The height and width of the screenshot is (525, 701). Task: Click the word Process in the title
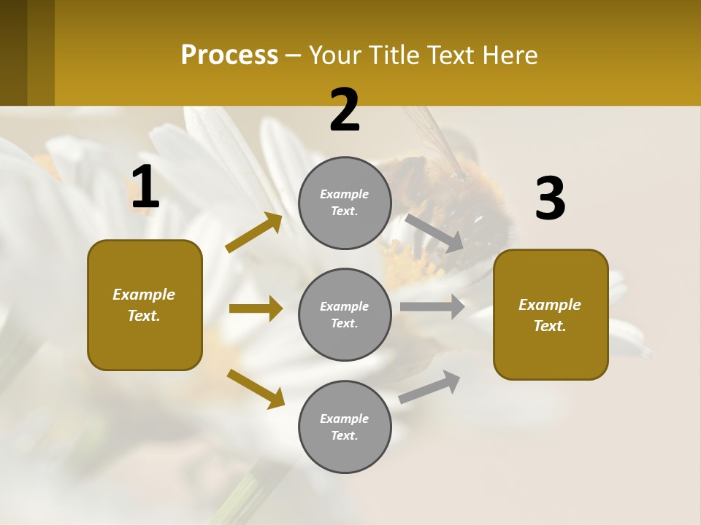tap(229, 55)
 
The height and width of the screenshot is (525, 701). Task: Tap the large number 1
tap(145, 187)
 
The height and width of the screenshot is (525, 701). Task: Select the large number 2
tap(345, 110)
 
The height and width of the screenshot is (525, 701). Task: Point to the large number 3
tap(550, 198)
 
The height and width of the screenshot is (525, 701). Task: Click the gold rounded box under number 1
tap(145, 305)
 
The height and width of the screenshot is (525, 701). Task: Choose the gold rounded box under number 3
tap(551, 314)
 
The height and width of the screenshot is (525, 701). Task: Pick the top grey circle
tap(345, 203)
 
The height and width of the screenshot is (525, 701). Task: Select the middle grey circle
tap(345, 314)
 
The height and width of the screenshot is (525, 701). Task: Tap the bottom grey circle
tap(345, 427)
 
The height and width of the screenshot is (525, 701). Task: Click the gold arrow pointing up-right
tap(253, 233)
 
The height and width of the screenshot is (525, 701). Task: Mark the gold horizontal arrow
tap(256, 308)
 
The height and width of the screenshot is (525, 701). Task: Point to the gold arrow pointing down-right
tap(256, 389)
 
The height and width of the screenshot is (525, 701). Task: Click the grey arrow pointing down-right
tap(434, 233)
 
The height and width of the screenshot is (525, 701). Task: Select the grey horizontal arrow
tap(432, 306)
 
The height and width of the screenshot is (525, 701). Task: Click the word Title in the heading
tap(394, 55)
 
